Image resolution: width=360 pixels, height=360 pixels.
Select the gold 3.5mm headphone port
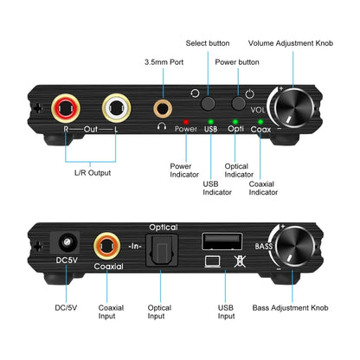[162, 108]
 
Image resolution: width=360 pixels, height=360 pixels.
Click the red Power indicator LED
[185, 122]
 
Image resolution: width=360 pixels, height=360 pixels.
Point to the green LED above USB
[210, 122]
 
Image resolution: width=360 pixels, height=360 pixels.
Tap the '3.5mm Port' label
[164, 61]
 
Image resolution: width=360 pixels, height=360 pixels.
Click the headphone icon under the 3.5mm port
[162, 127]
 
